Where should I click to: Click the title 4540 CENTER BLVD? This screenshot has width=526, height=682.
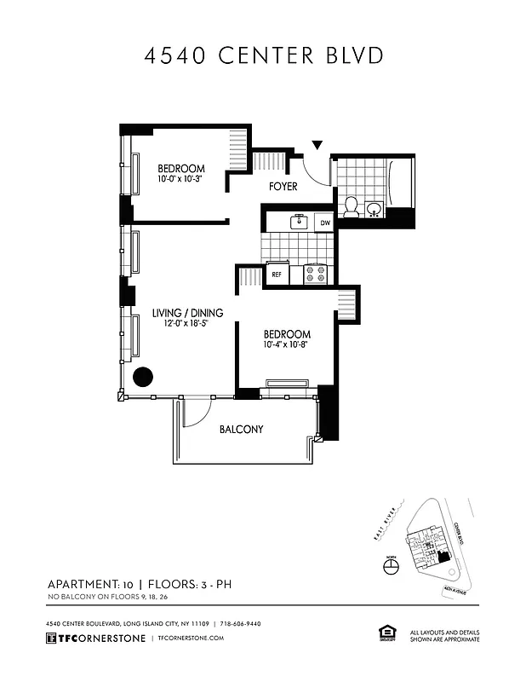click(263, 55)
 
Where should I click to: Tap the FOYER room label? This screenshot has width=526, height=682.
click(283, 187)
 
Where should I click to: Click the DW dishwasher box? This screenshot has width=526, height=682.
click(323, 223)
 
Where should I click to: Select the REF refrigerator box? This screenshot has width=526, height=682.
click(276, 275)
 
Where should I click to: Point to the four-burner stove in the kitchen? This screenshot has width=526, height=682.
click(316, 275)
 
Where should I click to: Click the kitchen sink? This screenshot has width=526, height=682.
click(298, 223)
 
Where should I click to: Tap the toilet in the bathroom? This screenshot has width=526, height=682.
click(350, 206)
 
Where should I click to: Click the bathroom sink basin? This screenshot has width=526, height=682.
click(374, 209)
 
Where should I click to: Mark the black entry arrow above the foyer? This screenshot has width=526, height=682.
click(317, 146)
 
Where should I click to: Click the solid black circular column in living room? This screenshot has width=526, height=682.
click(141, 376)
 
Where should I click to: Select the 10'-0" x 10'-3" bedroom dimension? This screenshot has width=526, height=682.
click(180, 180)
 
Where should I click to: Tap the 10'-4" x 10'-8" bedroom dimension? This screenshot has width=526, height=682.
click(286, 346)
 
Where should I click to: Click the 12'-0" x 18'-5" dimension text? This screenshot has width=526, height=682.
click(180, 324)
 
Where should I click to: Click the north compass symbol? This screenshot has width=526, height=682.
click(392, 567)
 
